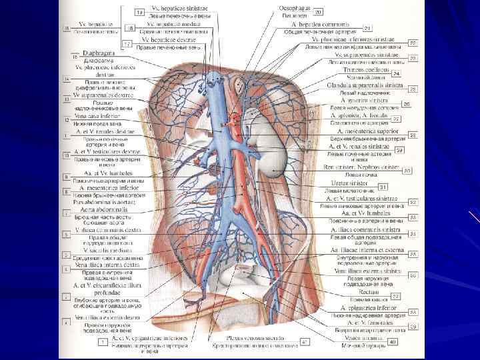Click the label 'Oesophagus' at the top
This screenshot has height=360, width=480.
(x=293, y=6)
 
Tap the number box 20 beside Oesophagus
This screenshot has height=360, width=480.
(x=318, y=12)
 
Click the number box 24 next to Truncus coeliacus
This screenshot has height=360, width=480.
(x=396, y=73)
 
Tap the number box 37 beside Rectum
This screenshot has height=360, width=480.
(x=395, y=296)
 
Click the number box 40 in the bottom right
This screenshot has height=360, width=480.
(x=392, y=341)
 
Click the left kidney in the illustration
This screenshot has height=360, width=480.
(x=274, y=157)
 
